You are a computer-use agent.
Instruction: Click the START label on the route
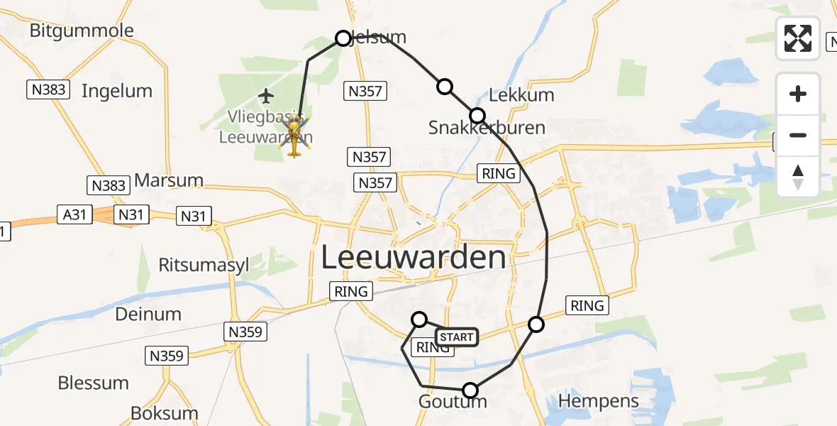pyautogui.click(x=456, y=337)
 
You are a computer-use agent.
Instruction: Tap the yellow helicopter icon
pyautogui.click(x=294, y=136)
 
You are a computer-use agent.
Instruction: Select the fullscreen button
pyautogui.click(x=798, y=38)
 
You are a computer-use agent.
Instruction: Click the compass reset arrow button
pyautogui.click(x=798, y=177)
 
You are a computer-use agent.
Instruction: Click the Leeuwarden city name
pyautogui.click(x=414, y=258)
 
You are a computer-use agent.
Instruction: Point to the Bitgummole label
pyautogui.click(x=82, y=31)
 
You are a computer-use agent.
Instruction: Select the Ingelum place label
pyautogui.click(x=117, y=91)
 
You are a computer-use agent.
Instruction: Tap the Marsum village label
pyautogui.click(x=168, y=180)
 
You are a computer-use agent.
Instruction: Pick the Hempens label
pyautogui.click(x=599, y=401)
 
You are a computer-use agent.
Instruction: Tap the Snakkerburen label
pyautogui.click(x=487, y=128)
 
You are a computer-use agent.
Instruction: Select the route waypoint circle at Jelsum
pyautogui.click(x=343, y=38)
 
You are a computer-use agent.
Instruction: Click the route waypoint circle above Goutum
pyautogui.click(x=470, y=390)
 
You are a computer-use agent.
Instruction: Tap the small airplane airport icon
pyautogui.click(x=267, y=95)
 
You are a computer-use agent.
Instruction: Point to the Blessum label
pyautogui.click(x=94, y=383)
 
